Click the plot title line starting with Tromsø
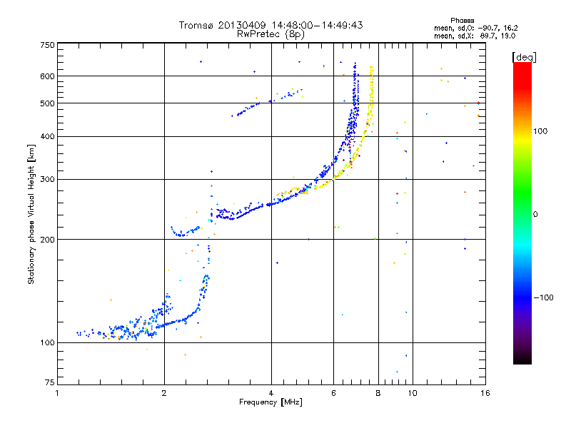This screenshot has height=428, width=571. coord(271,25)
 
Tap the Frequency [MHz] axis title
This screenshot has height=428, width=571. coord(271,403)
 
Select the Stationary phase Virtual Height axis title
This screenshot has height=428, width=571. coord(31,214)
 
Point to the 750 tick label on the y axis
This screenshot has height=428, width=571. coord(47,45)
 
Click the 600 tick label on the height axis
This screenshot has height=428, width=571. coord(47,76)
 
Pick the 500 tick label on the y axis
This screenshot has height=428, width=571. coord(47,103)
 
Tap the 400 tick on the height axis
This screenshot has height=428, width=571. coord(47,136)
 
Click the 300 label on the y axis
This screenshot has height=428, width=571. coord(47,179)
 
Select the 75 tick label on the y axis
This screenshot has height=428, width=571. coord(49,384)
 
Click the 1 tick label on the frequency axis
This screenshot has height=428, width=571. coord(57,392)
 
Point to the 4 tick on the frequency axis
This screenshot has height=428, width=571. coord(271,392)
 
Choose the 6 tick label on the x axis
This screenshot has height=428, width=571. coord(333,392)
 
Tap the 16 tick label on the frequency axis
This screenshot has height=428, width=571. coord(483,392)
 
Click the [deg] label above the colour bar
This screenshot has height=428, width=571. coord(525,56)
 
